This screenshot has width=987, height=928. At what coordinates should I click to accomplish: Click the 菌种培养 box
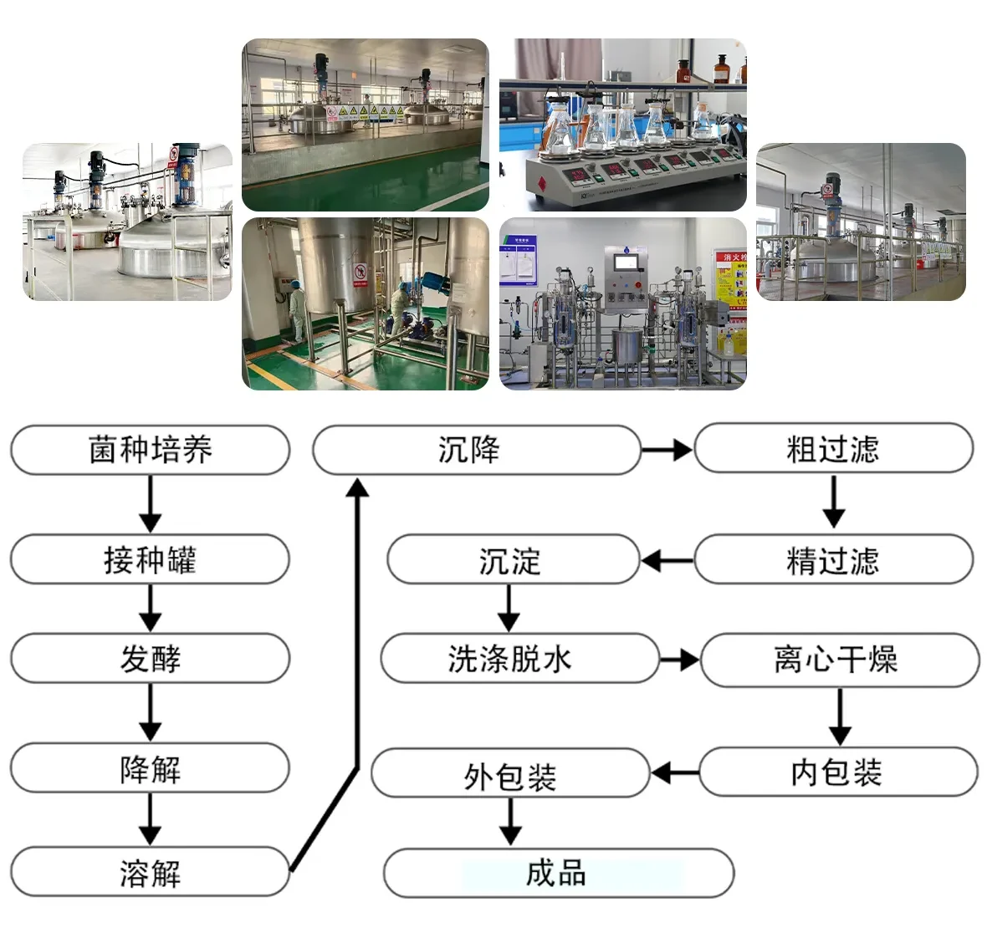click(151, 450)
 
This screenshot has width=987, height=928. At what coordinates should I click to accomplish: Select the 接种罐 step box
click(151, 559)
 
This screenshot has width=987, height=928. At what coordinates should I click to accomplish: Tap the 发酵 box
click(151, 659)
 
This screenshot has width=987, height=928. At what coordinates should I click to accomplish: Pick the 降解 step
click(151, 768)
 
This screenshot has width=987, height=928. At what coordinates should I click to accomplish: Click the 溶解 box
click(151, 873)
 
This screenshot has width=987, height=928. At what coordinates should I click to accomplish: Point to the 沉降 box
click(477, 450)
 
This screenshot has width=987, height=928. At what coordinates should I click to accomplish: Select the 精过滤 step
click(833, 560)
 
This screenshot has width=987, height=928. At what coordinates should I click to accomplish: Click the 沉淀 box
click(513, 560)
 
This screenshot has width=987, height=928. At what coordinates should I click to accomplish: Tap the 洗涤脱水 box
click(519, 659)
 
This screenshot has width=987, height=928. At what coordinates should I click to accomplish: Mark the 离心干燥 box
click(839, 660)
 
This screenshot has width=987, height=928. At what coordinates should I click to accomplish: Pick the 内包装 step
click(838, 772)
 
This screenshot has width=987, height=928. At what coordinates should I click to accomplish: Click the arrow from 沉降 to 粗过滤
click(667, 451)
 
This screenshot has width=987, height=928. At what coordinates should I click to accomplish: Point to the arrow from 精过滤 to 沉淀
click(667, 560)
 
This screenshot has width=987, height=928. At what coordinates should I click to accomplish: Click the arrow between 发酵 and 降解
click(151, 712)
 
